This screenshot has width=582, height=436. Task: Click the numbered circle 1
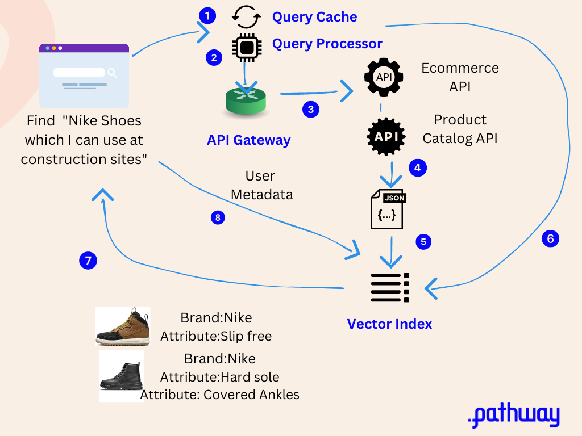coord(208,15)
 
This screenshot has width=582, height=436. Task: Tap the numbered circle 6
coord(550,239)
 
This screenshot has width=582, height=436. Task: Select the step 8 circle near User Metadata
coord(218,217)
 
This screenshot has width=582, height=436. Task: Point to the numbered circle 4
coord(418,168)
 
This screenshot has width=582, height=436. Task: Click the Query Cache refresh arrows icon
coord(246,16)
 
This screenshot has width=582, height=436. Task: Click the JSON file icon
coord(388,209)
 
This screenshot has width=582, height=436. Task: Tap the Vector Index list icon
coord(389,287)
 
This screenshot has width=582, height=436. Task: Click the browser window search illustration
coord(84,76)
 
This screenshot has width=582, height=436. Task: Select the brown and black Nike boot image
coord(123,327)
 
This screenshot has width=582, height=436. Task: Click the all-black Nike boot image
coord(121,376)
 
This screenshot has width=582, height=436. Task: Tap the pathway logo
coord(513,416)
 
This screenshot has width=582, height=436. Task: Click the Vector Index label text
coord(389,324)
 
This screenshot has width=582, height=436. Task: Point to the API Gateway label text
coord(248,140)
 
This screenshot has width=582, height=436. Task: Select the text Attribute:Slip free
coord(216,336)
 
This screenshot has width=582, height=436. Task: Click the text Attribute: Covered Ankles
coord(220,395)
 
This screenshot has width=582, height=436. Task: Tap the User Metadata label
coord(261,185)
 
